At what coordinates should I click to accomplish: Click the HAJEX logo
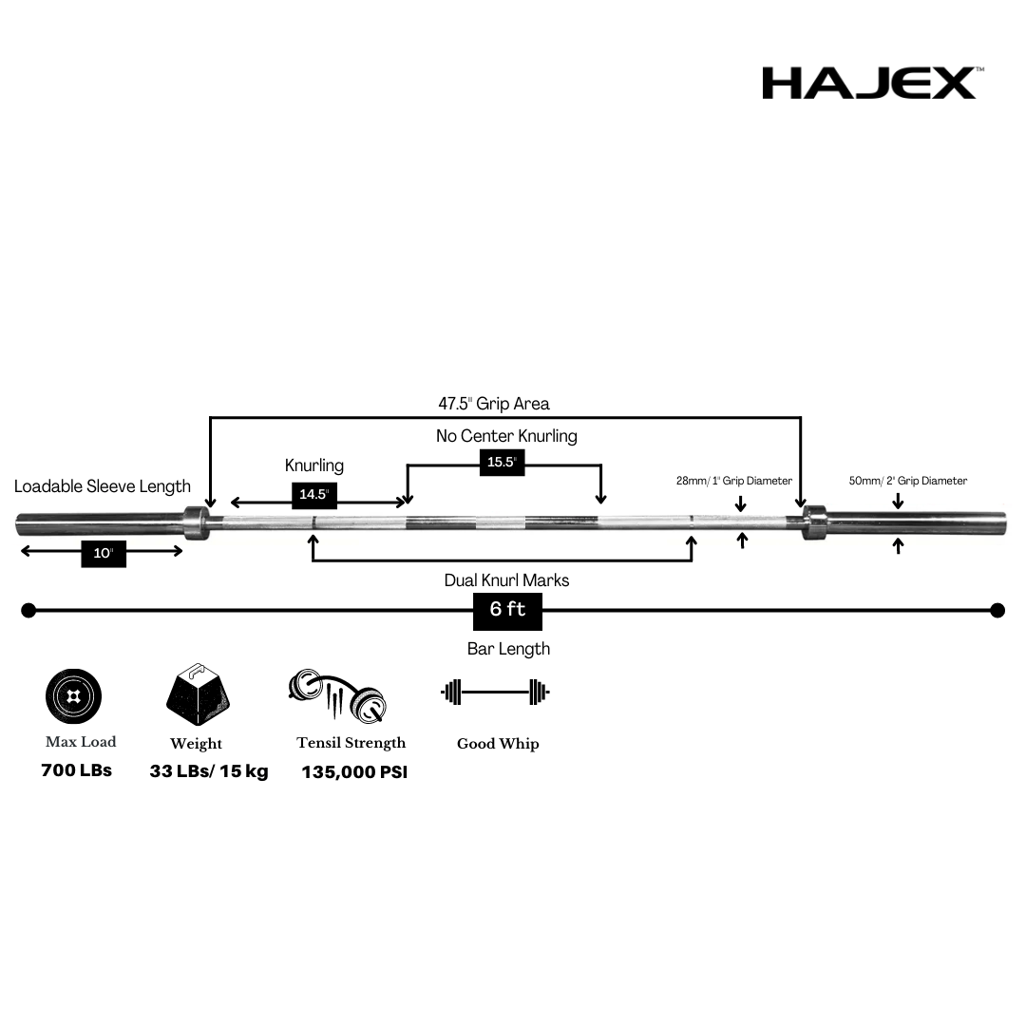click(869, 83)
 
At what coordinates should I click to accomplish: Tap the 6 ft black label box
click(507, 610)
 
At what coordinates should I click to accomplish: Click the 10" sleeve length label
click(104, 553)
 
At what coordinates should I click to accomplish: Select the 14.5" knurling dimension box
click(313, 495)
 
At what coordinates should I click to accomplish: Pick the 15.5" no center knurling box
click(501, 462)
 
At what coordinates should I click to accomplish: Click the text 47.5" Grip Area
click(493, 404)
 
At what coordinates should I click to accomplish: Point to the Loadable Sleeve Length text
click(103, 486)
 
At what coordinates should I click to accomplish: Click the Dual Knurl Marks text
click(506, 579)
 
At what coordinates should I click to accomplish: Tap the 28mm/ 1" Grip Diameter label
click(733, 481)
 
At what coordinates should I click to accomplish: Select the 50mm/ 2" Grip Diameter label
click(907, 481)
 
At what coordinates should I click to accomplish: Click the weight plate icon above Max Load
click(73, 697)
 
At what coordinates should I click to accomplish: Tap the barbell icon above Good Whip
click(496, 692)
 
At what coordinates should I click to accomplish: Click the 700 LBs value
click(76, 770)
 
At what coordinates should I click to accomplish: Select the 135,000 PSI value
click(354, 772)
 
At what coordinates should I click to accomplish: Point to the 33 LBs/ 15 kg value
click(209, 771)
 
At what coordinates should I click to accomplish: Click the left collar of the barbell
click(196, 522)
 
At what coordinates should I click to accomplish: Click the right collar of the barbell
click(814, 522)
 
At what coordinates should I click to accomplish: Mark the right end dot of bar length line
click(997, 610)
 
